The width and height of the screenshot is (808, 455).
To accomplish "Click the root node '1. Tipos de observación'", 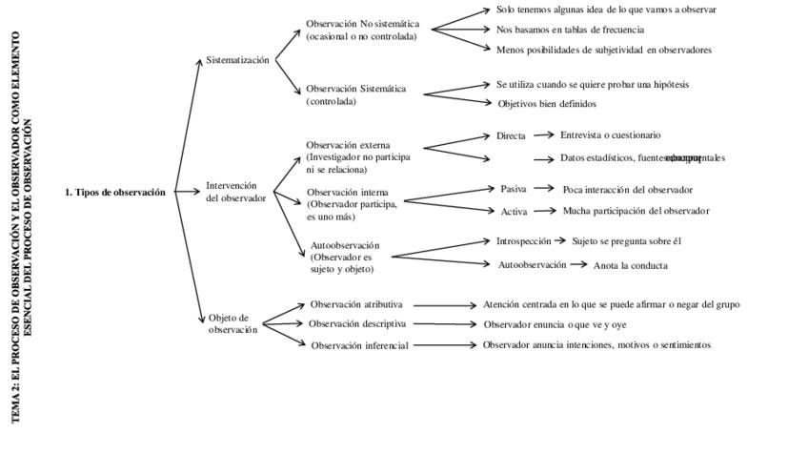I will tap(114, 192).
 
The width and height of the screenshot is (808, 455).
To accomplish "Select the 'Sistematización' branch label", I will tap(237, 60).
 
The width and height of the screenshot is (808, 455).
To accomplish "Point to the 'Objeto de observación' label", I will tap(232, 323).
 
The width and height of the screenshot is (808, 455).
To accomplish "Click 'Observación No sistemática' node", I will tap(362, 24).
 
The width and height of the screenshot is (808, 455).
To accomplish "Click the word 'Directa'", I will tap(511, 135).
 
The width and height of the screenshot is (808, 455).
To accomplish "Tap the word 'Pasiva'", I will tap(514, 189).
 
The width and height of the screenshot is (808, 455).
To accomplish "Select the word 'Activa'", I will tap(514, 211).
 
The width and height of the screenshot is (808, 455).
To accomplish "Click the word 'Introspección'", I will tap(523, 241).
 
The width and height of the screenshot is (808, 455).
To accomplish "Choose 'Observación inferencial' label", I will tap(359, 345).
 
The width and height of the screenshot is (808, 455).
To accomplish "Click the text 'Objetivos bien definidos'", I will tap(547, 104).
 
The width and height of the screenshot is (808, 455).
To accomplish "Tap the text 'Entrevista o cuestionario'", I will tap(610, 135).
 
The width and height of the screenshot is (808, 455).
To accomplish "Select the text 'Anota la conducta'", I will tap(630, 265).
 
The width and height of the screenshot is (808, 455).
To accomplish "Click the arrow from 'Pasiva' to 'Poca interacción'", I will tap(544, 189).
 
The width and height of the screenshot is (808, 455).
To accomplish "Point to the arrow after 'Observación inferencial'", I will tap(445, 345).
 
